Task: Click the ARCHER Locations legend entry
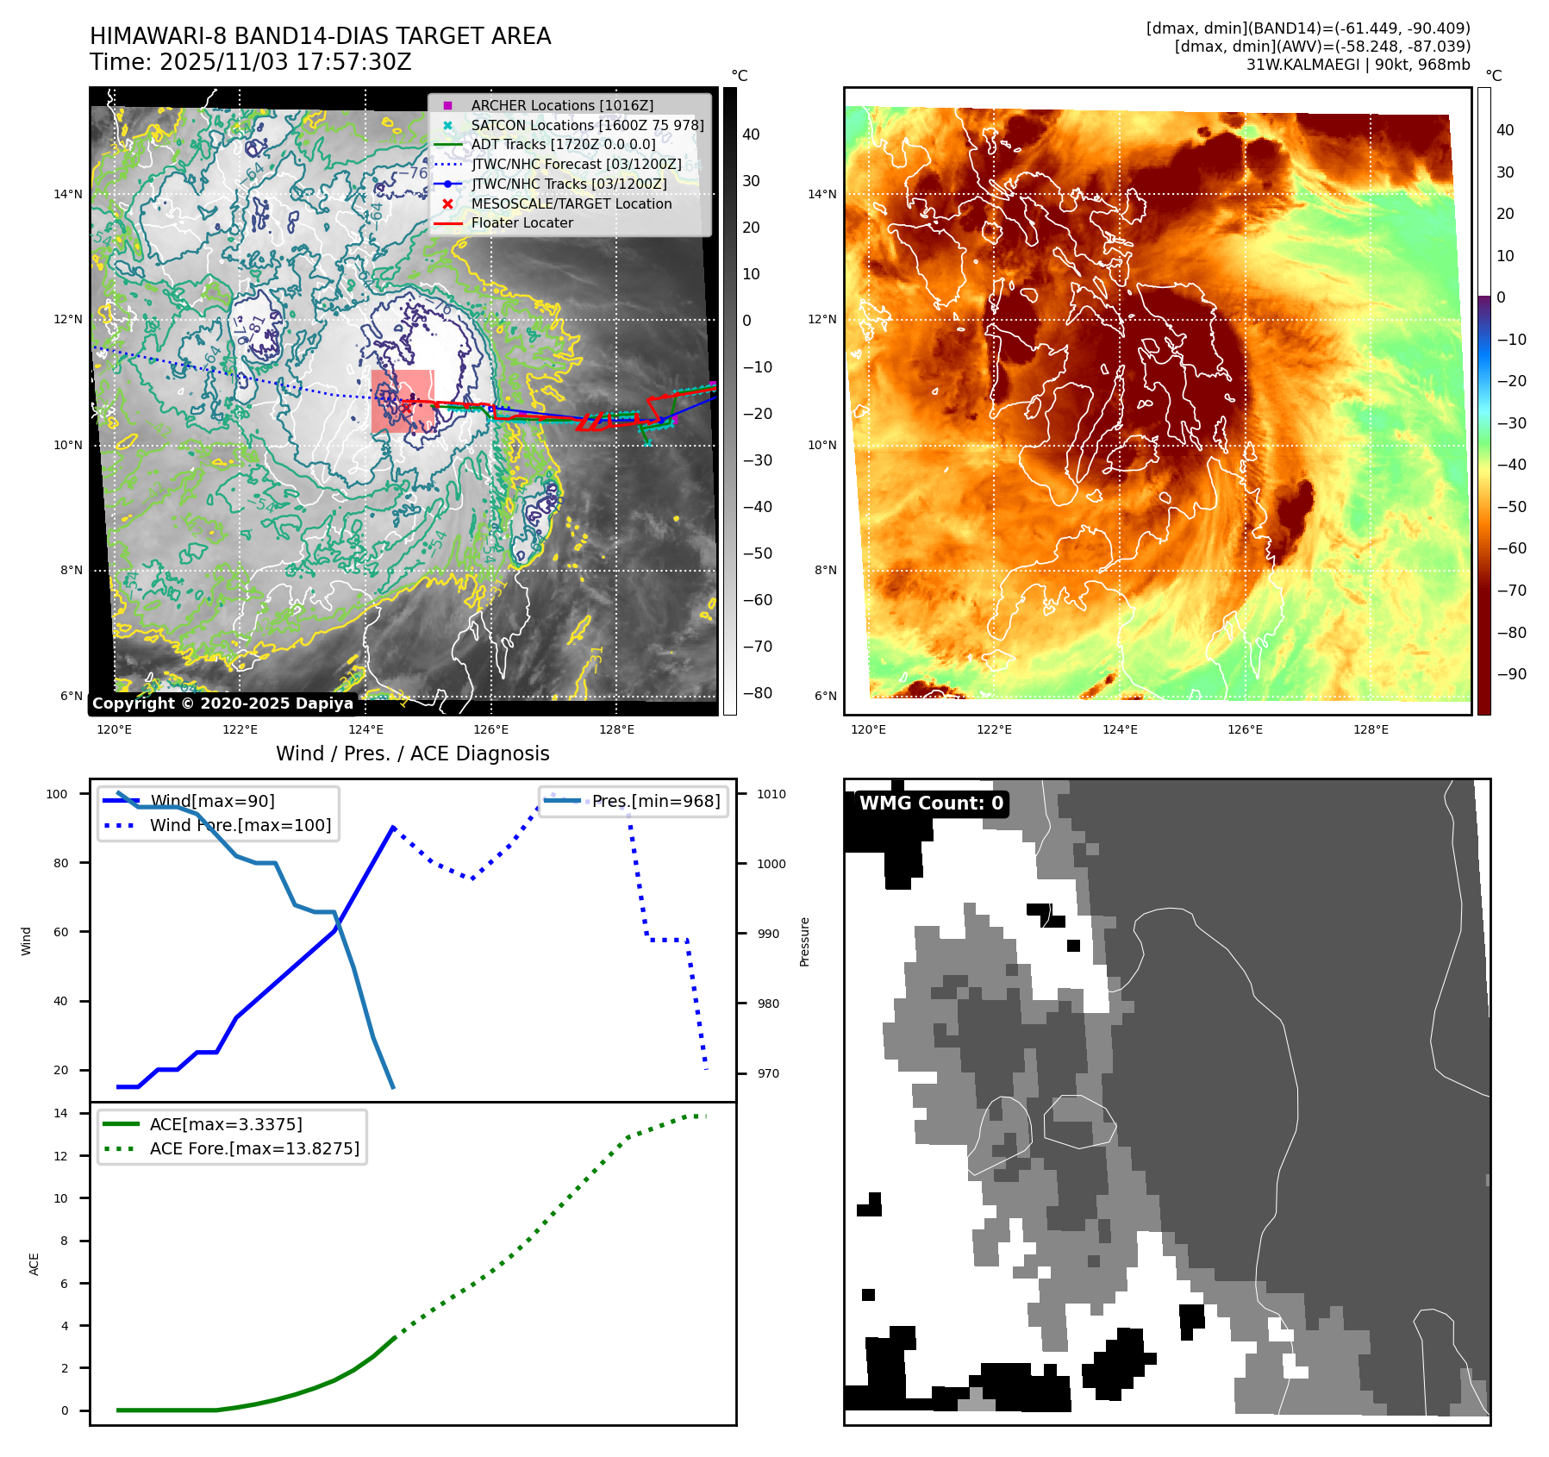562,105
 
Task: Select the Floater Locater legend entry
522,222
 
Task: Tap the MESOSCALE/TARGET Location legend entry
571,203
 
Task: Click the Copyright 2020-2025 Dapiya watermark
222,703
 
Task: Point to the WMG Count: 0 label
931,804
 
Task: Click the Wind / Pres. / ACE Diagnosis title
412,754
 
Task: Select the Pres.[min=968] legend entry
655,801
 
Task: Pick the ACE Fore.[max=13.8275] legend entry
254,1148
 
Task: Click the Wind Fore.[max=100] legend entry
240,825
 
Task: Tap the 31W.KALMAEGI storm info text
1358,65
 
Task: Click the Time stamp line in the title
250,62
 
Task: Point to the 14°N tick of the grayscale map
68,194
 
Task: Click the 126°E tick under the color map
1245,729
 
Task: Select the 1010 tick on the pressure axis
771,794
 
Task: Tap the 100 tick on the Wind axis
57,794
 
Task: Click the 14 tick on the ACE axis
60,1113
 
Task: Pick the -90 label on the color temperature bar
1511,674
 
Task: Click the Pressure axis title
804,941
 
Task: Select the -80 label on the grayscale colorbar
758,693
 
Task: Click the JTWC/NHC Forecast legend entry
576,164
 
